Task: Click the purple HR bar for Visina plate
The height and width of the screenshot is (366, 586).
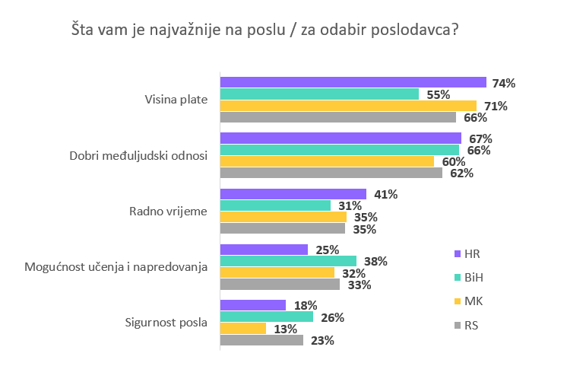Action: coord(353,83)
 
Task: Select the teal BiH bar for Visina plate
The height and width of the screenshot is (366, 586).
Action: coord(319,94)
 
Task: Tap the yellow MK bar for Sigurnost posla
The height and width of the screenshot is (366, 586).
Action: coord(243,329)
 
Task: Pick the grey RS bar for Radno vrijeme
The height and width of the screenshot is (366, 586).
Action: coord(283,228)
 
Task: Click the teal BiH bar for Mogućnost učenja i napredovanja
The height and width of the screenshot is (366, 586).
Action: coord(288,261)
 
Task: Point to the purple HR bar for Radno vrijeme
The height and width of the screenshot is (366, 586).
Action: coord(293,195)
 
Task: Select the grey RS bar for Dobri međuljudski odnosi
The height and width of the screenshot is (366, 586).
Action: coord(331,173)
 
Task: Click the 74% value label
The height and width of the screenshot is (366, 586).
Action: coord(504,83)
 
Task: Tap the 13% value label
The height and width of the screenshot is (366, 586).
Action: coord(283,329)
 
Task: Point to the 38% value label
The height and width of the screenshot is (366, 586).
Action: coord(375,261)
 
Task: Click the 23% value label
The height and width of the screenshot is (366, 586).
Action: coord(322,340)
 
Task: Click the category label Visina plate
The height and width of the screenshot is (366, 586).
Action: coord(176,100)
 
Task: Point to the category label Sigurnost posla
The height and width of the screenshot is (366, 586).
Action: coord(166,322)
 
